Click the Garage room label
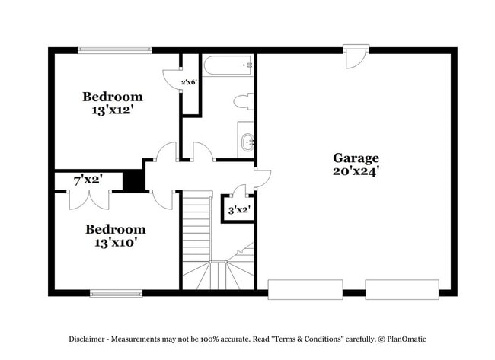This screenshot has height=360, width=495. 356,158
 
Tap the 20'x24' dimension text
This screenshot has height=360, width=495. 356,172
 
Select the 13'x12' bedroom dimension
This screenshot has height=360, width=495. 113,110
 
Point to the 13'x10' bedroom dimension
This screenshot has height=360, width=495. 115,243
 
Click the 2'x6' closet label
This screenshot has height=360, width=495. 189,82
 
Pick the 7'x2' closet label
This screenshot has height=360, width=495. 88,180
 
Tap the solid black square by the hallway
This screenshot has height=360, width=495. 134,180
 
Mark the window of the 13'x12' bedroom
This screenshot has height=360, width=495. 115,50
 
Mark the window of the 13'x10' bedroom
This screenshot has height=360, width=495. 116,293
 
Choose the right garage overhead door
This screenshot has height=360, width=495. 401,288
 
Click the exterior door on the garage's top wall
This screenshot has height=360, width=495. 355,56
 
